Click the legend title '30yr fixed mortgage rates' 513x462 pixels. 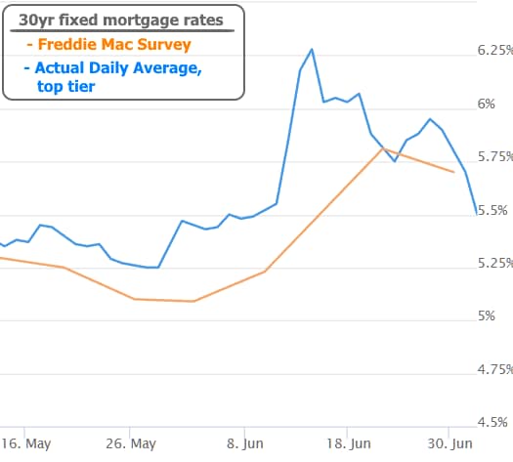tap(121, 21)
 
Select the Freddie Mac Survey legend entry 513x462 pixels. tap(108, 45)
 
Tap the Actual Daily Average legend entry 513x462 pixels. tap(113, 77)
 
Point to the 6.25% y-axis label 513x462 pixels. tap(495, 50)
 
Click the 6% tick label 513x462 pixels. tap(487, 104)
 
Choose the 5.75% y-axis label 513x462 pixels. tap(495, 156)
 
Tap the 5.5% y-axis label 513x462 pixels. tap(492, 210)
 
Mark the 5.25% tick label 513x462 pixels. tap(495, 263)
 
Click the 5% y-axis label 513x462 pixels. tap(487, 315)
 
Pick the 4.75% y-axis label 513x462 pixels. tap(495, 369)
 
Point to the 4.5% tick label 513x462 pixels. tap(492, 422)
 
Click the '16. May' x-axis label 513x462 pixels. tap(26, 444)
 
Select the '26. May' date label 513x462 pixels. tap(131, 444)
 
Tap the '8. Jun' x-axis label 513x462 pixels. tap(245, 444)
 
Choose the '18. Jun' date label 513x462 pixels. tap(349, 444)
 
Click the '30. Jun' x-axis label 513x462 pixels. tap(450, 444)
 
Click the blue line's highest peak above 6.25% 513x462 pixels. tap(312, 50)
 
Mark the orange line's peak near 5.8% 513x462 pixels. tap(383, 148)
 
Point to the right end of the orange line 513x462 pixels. tap(453, 172)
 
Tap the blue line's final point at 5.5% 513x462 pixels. tap(477, 214)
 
